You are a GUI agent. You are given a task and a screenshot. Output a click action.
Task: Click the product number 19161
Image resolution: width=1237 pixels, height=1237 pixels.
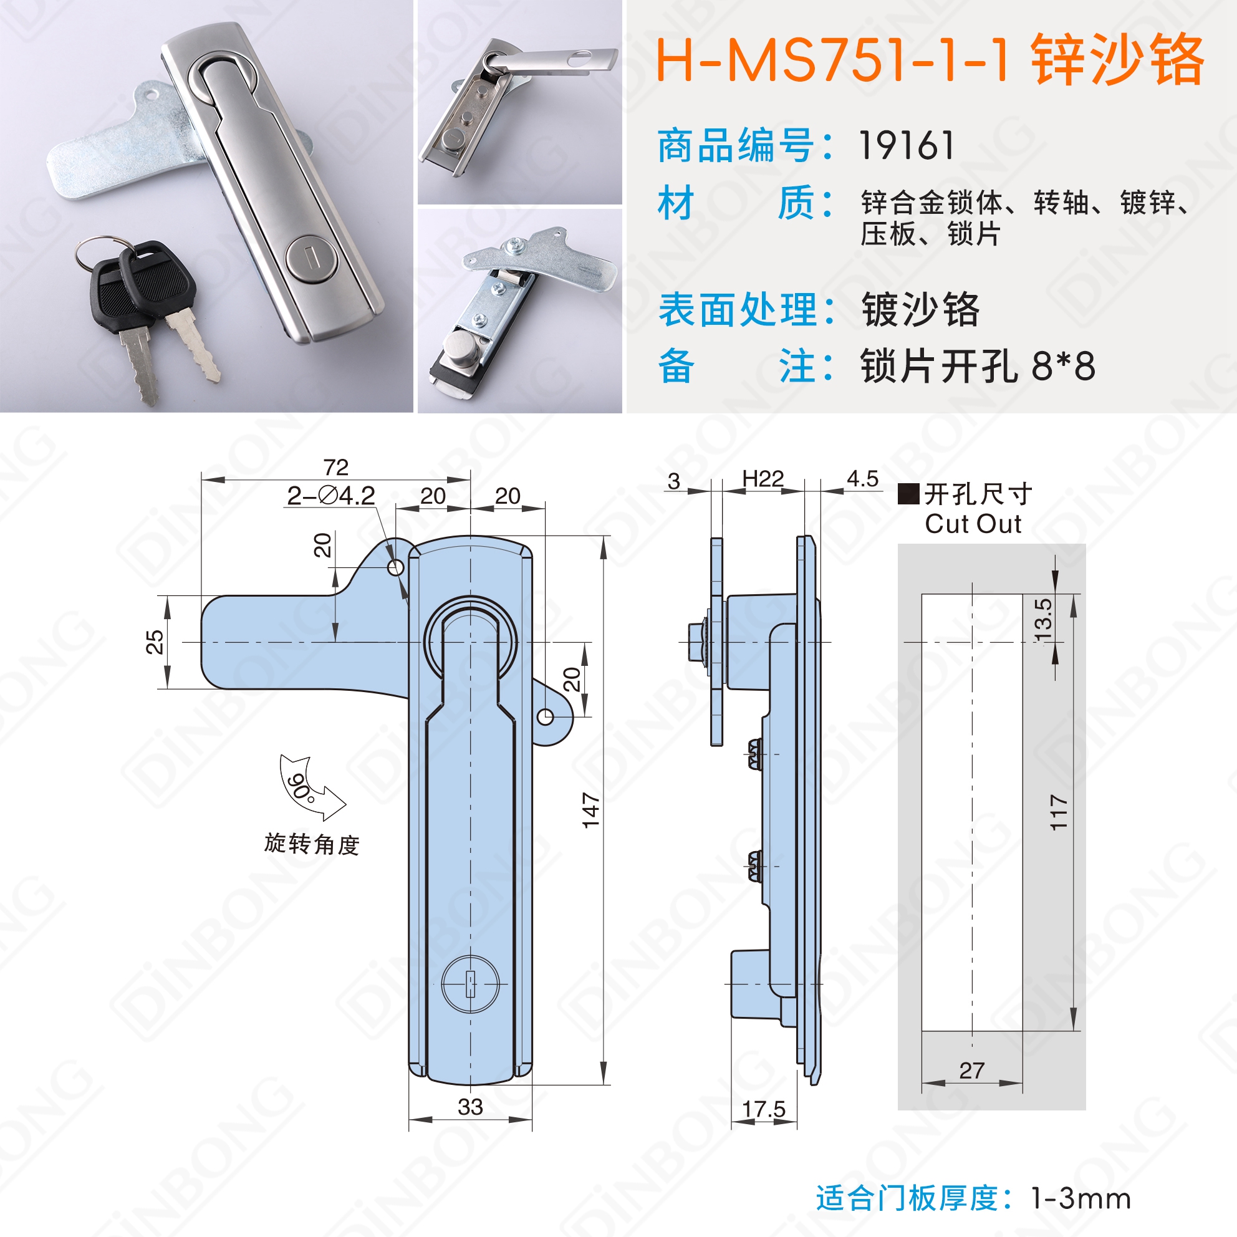pyautogui.click(x=906, y=145)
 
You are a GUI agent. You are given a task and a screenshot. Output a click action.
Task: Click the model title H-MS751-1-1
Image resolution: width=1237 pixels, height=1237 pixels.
pyautogui.click(x=833, y=60)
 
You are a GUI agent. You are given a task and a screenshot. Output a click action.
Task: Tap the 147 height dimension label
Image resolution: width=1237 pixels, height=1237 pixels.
pyautogui.click(x=590, y=810)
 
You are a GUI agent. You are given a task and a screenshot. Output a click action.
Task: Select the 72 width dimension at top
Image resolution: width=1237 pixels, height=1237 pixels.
pyautogui.click(x=336, y=467)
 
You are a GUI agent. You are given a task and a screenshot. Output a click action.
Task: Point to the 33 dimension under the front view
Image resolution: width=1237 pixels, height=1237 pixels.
pyautogui.click(x=470, y=1107)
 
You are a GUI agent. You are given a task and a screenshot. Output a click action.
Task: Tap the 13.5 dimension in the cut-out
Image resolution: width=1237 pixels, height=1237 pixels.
pyautogui.click(x=1043, y=620)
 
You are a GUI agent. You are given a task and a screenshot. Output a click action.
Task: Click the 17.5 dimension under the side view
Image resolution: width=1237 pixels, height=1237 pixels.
pyautogui.click(x=763, y=1109)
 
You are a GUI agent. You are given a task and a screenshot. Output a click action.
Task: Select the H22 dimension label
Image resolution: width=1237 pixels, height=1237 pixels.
pyautogui.click(x=763, y=478)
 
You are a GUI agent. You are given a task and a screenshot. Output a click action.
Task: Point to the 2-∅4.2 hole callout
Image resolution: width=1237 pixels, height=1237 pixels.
pyautogui.click(x=330, y=496)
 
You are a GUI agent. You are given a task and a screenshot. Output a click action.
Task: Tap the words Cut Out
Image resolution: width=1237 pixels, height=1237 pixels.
pyautogui.click(x=973, y=524)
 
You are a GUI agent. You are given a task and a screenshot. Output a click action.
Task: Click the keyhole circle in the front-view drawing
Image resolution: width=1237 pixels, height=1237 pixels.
pyautogui.click(x=470, y=984)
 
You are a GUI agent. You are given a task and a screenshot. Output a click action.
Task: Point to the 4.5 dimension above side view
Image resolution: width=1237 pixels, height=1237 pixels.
pyautogui.click(x=862, y=479)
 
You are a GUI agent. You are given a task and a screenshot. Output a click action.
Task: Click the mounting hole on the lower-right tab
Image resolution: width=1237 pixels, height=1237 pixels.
pyautogui.click(x=545, y=716)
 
